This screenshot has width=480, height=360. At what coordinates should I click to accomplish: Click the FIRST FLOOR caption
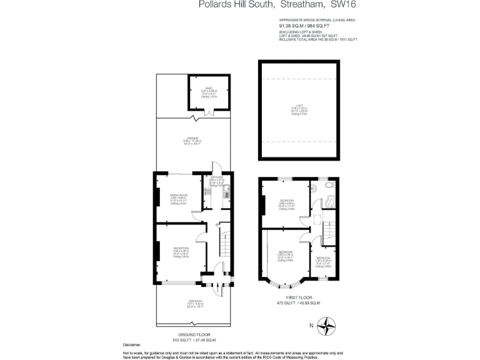point(298,297)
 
